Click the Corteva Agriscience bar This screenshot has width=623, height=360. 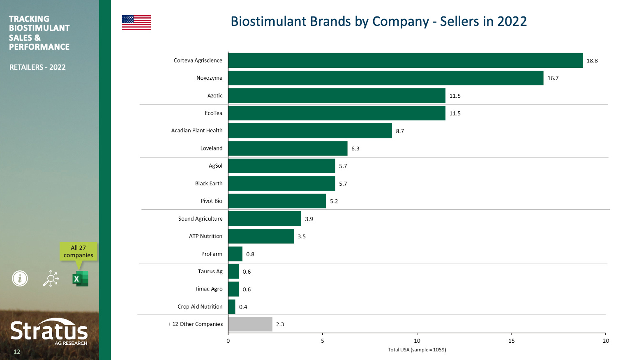405,60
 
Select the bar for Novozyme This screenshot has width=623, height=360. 385,78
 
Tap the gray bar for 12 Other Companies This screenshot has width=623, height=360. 250,324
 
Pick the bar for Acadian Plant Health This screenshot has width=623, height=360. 310,131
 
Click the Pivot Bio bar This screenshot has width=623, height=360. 277,201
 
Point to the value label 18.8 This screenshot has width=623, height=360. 592,61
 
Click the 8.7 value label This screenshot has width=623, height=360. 400,131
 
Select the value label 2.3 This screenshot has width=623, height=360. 280,325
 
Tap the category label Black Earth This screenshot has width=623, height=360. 209,184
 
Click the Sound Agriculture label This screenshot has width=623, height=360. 200,219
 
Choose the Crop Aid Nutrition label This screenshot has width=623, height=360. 200,307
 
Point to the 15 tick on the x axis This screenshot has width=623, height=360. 511,341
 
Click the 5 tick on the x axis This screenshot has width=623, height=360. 323,341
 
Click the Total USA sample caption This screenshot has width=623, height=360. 417,350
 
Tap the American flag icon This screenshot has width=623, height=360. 136,23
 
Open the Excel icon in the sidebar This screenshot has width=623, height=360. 80,279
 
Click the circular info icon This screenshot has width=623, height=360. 20,279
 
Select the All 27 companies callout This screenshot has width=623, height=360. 78,252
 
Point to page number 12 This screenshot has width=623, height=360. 17,352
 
